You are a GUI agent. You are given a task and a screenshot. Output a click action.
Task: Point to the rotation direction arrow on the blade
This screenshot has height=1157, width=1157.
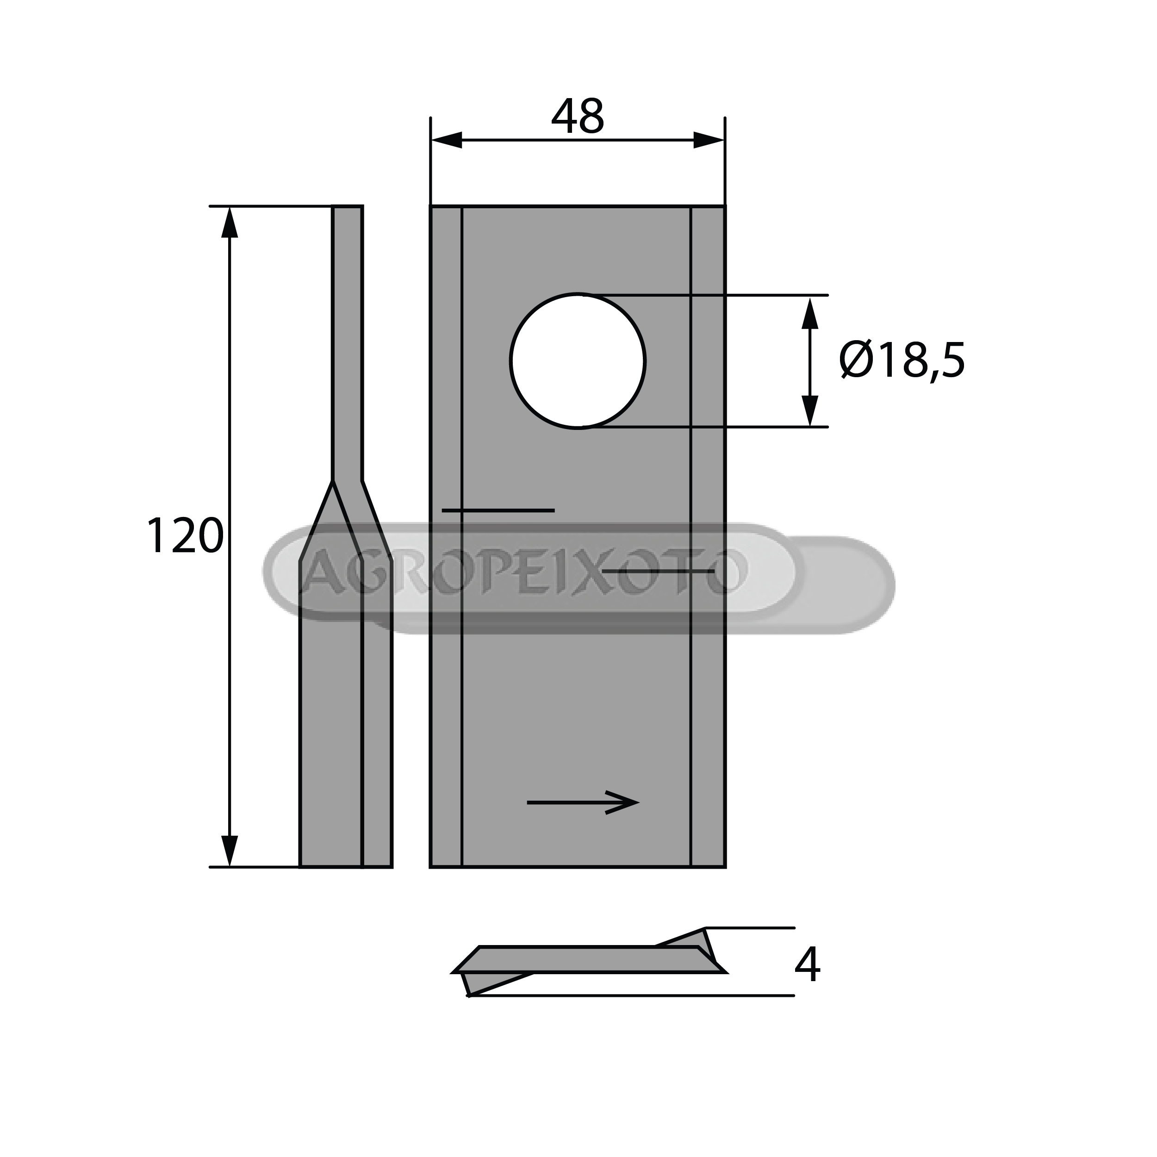(583, 802)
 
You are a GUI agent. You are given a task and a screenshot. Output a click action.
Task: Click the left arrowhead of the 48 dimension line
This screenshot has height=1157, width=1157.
(447, 140)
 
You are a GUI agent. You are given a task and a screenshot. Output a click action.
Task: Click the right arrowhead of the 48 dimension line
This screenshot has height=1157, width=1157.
(709, 140)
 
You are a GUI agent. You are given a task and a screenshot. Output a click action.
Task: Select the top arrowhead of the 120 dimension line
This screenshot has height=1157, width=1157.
(230, 222)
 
